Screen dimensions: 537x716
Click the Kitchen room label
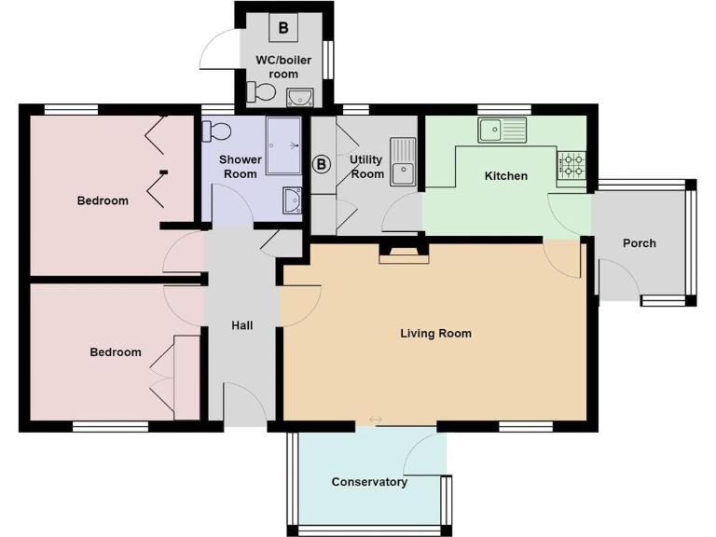[x=505, y=175]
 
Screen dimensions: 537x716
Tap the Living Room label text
[x=435, y=333]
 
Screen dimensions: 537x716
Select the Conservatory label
[x=369, y=482]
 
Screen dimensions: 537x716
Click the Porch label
[x=639, y=243]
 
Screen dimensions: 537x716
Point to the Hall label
[x=241, y=325]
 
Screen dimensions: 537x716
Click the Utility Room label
[x=366, y=167]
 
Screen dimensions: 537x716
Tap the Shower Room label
[x=240, y=167]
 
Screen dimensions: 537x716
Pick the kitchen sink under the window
[x=503, y=129]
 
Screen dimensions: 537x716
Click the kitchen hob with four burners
[x=571, y=166]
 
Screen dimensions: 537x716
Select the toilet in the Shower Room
[x=220, y=130]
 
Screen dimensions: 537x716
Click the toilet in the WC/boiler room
[x=260, y=91]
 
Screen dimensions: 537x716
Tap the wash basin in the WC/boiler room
[x=300, y=96]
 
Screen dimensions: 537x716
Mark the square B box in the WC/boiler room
[x=283, y=28]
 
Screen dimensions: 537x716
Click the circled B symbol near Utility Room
[x=321, y=165]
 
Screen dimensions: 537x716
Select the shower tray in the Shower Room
[x=284, y=145]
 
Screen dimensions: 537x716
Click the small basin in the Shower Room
[x=291, y=199]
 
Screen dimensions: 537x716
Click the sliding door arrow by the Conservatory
[x=375, y=420]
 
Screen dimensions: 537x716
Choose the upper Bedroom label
[x=103, y=200]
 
